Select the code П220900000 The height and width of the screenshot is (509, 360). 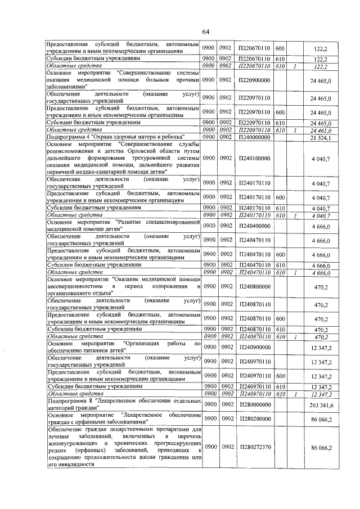(254, 80)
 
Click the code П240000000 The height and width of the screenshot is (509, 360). (254, 137)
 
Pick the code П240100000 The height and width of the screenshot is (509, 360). (254, 159)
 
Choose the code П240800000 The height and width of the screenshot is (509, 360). (254, 286)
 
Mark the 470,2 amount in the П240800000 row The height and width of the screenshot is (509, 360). (323, 286)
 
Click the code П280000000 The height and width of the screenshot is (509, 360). (254, 404)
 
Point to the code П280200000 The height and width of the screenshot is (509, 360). (254, 419)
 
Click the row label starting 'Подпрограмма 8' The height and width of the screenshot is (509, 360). (124, 404)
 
